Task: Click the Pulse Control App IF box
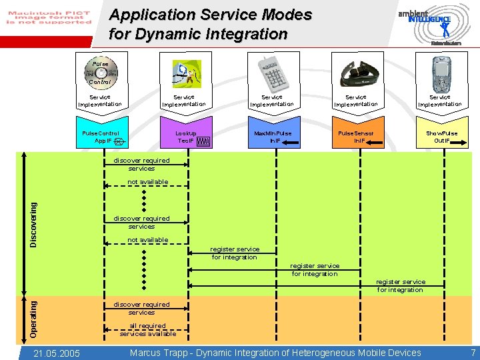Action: [x=100, y=137]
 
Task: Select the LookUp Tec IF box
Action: [x=186, y=137]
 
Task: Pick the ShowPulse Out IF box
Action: [x=441, y=137]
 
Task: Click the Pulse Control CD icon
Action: [x=100, y=72]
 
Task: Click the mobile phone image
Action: [x=441, y=72]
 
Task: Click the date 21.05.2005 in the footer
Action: [x=57, y=353]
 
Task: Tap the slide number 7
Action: [x=473, y=353]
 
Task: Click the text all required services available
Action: [x=147, y=330]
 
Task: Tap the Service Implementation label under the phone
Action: [x=439, y=101]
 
